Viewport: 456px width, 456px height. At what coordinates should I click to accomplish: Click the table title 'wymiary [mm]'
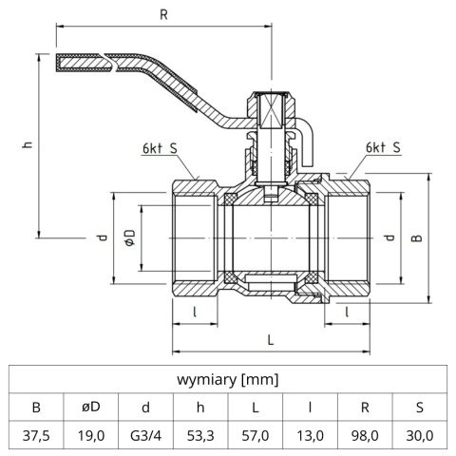tap(228, 380)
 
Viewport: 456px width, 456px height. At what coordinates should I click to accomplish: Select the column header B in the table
tap(36, 408)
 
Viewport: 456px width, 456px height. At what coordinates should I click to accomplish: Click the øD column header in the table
tap(91, 408)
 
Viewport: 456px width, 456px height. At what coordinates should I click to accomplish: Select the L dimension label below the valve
tap(271, 338)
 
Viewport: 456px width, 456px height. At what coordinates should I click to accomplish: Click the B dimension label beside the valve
tap(415, 239)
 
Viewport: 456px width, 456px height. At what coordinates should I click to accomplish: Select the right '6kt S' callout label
tap(382, 149)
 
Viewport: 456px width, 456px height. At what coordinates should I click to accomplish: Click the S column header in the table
tap(420, 408)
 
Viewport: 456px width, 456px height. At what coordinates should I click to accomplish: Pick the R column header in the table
tap(366, 408)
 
